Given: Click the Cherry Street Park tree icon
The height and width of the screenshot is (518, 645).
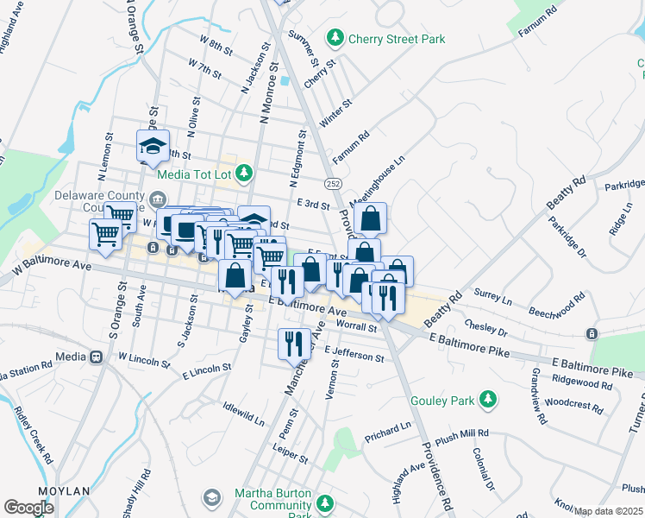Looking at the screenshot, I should point(335,38).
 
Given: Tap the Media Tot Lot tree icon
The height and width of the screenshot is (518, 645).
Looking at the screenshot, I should point(245,174).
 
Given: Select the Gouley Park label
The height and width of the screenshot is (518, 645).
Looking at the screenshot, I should point(446,399).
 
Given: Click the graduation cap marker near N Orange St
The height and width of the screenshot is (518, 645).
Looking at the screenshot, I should point(152,147).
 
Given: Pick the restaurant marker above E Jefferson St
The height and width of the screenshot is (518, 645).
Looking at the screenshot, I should point(294,343).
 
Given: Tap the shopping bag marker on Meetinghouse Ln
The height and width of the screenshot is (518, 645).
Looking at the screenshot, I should point(370,220).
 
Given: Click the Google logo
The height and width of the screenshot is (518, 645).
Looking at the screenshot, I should point(28,507).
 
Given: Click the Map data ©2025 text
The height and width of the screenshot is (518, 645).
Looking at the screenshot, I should point(608,511).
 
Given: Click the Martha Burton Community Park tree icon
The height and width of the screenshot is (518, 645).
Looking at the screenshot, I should point(325,502).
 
